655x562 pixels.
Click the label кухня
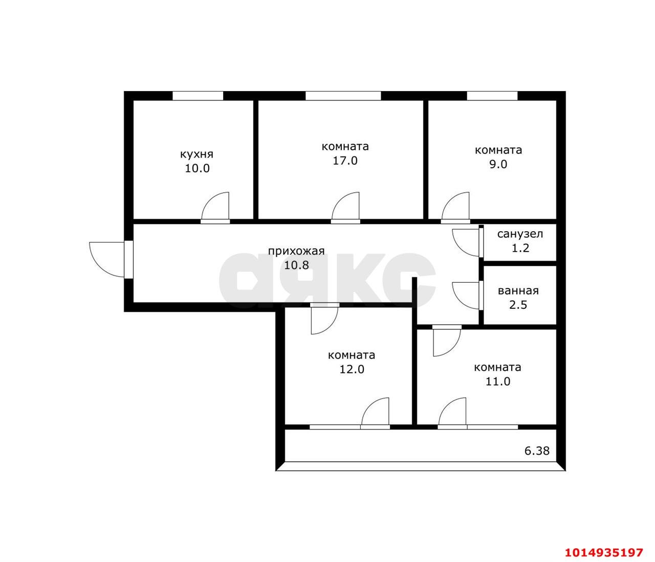click(x=196, y=154)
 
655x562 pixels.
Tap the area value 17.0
click(x=345, y=161)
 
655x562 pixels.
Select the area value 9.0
click(x=498, y=164)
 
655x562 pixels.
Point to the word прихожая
click(x=297, y=251)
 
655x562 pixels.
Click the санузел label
click(x=520, y=234)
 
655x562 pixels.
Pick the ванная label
click(x=518, y=290)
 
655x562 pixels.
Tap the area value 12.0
click(x=352, y=369)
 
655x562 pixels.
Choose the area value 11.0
click(x=498, y=381)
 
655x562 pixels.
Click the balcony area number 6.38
click(x=537, y=451)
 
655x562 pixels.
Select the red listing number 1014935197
click(x=603, y=552)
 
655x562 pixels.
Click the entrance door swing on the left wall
click(x=105, y=258)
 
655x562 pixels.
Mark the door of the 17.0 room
click(x=346, y=207)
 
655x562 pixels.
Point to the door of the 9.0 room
click(x=456, y=207)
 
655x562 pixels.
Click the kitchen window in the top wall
click(x=198, y=96)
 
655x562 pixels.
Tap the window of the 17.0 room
click(x=343, y=96)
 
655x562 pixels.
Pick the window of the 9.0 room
click(x=492, y=96)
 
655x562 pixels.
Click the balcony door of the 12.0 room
click(x=375, y=412)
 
